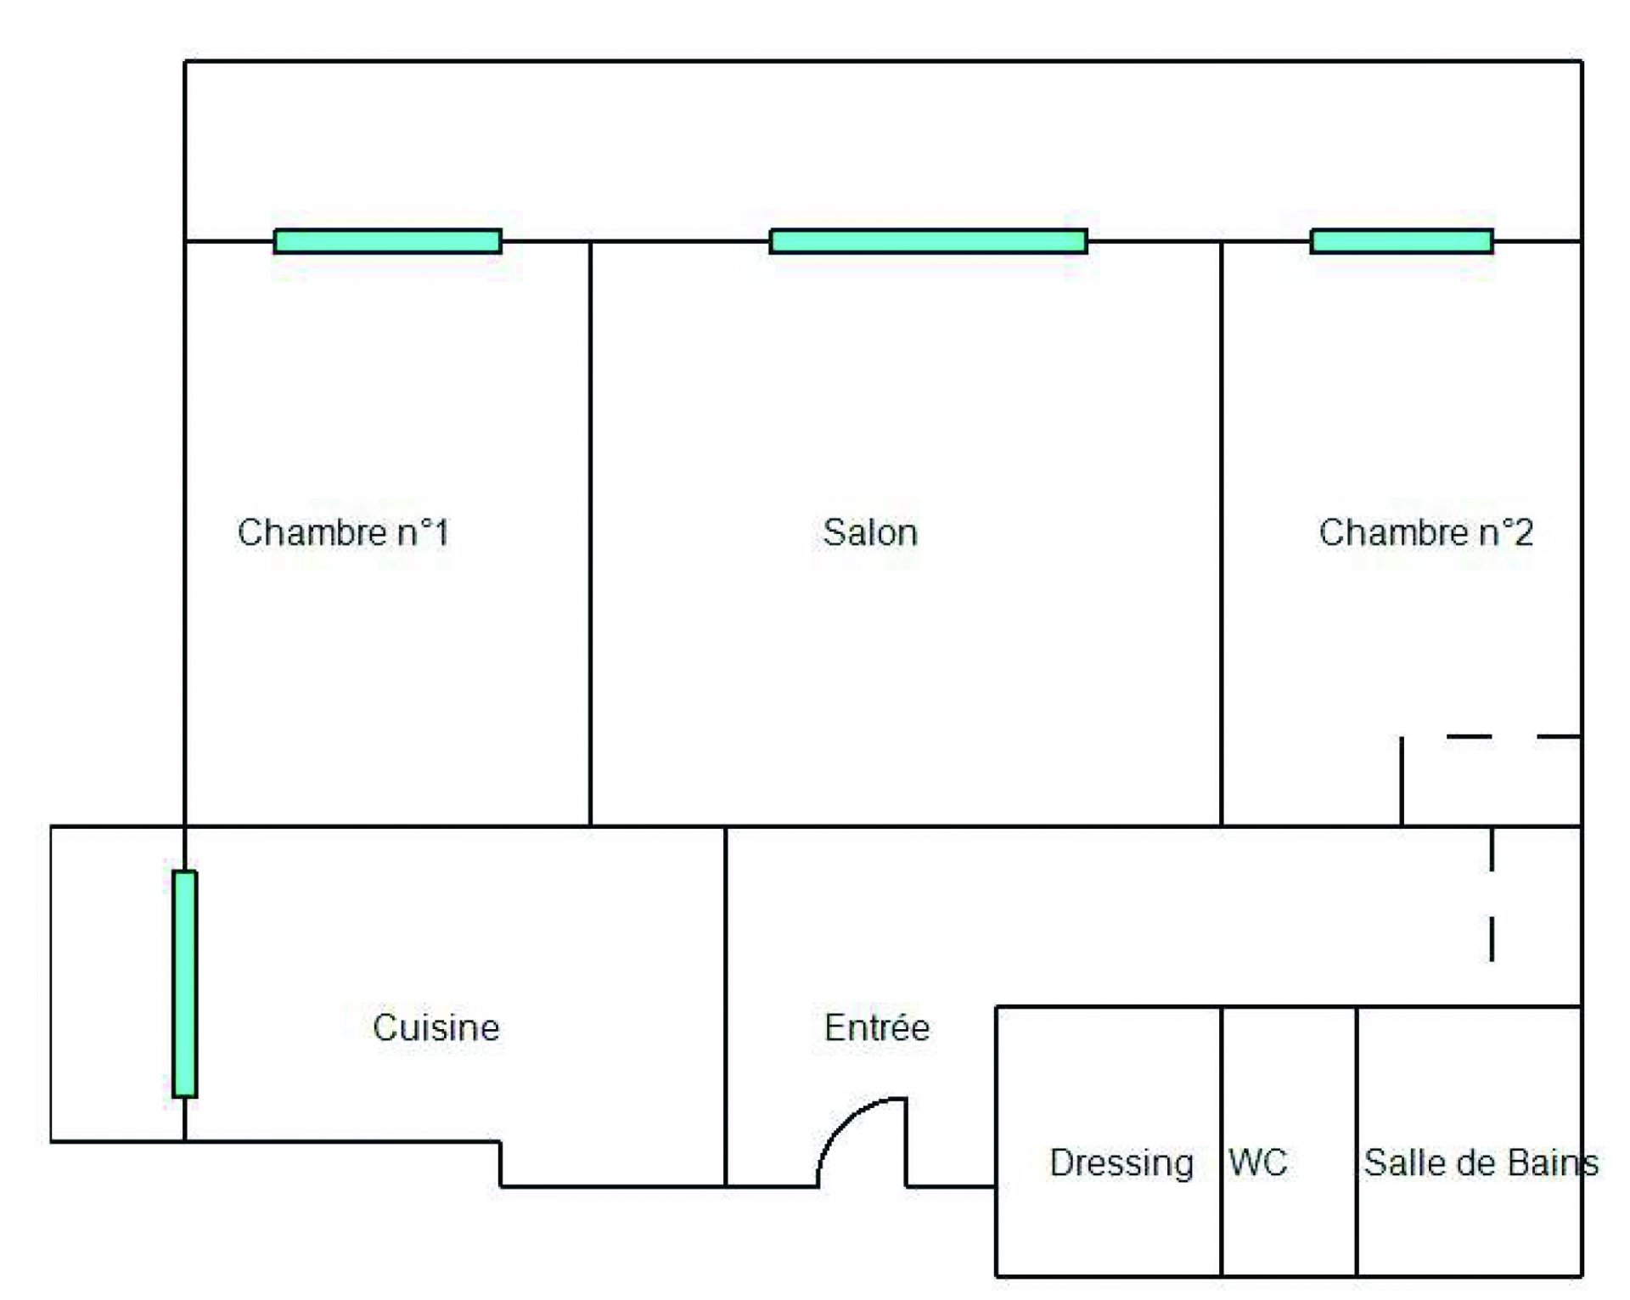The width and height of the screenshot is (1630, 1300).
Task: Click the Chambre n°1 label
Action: click(x=343, y=533)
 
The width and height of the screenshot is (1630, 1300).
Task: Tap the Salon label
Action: click(x=870, y=533)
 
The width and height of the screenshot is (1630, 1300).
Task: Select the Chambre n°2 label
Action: click(x=1426, y=533)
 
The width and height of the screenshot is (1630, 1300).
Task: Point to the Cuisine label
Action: click(x=436, y=1028)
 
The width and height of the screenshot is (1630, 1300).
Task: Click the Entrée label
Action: click(x=877, y=1028)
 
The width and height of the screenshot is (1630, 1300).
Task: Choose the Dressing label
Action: click(x=1121, y=1163)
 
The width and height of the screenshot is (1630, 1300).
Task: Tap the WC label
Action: click(x=1258, y=1163)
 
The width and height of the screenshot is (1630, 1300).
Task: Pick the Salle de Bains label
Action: click(x=1481, y=1163)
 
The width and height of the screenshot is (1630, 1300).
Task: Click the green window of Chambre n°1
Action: click(x=388, y=242)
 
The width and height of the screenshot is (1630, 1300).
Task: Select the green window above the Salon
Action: click(x=928, y=242)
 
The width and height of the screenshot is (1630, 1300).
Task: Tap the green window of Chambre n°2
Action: click(x=1402, y=242)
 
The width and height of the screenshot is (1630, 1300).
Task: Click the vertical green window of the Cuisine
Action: click(x=185, y=984)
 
